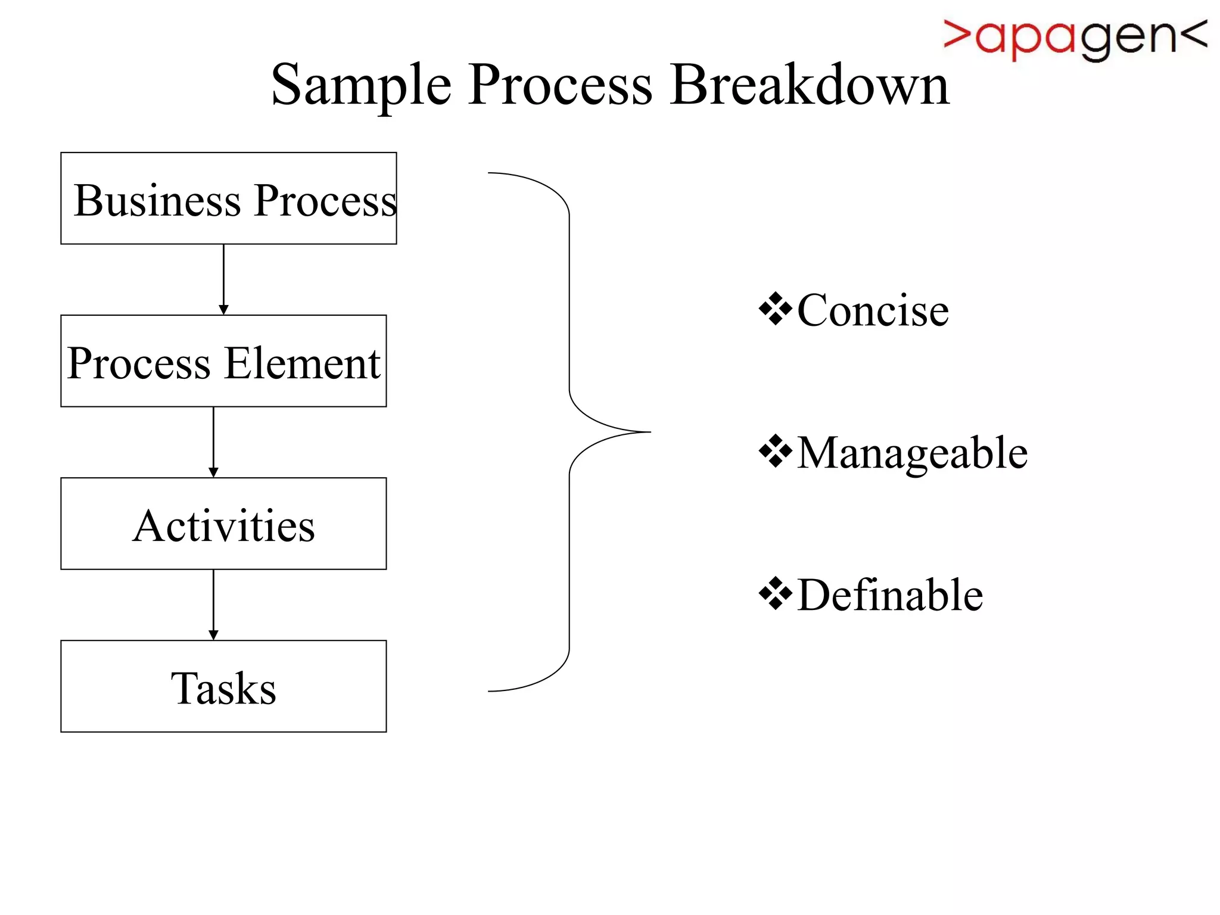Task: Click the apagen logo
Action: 1075,38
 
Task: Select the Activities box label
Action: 223,526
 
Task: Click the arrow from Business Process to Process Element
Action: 223,279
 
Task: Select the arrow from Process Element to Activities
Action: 213,441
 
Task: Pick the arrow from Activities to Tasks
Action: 213,604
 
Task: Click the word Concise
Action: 873,310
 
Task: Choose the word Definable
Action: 890,595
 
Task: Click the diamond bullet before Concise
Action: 776,309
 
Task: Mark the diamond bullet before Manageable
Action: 776,452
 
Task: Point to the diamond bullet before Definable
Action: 776,594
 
